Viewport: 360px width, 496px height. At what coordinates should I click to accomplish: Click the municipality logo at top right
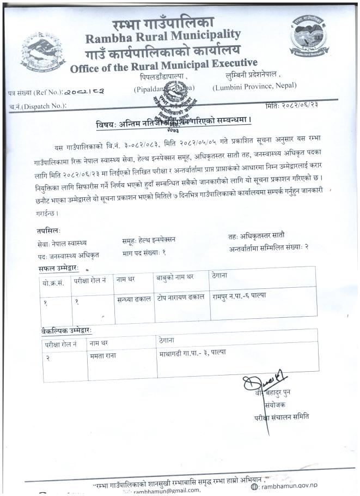pos(308,36)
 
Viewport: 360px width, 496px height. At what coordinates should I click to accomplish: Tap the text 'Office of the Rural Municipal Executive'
pos(163,66)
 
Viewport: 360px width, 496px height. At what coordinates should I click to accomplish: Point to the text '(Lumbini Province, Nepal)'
pos(254,86)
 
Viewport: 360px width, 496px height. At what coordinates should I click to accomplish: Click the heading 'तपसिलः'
pos(42,231)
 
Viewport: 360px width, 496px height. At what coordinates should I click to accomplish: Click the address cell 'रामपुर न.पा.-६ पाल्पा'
pos(242,296)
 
